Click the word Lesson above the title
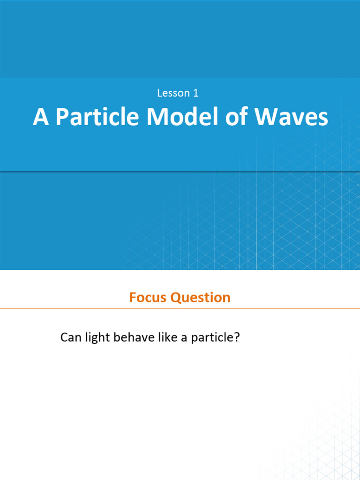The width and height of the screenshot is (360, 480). pos(172,93)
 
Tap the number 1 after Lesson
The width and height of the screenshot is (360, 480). pos(195,93)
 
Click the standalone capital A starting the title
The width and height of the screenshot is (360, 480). pos(41,117)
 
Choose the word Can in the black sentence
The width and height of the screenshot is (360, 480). pos(70,337)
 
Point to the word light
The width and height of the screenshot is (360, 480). pos(97,338)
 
